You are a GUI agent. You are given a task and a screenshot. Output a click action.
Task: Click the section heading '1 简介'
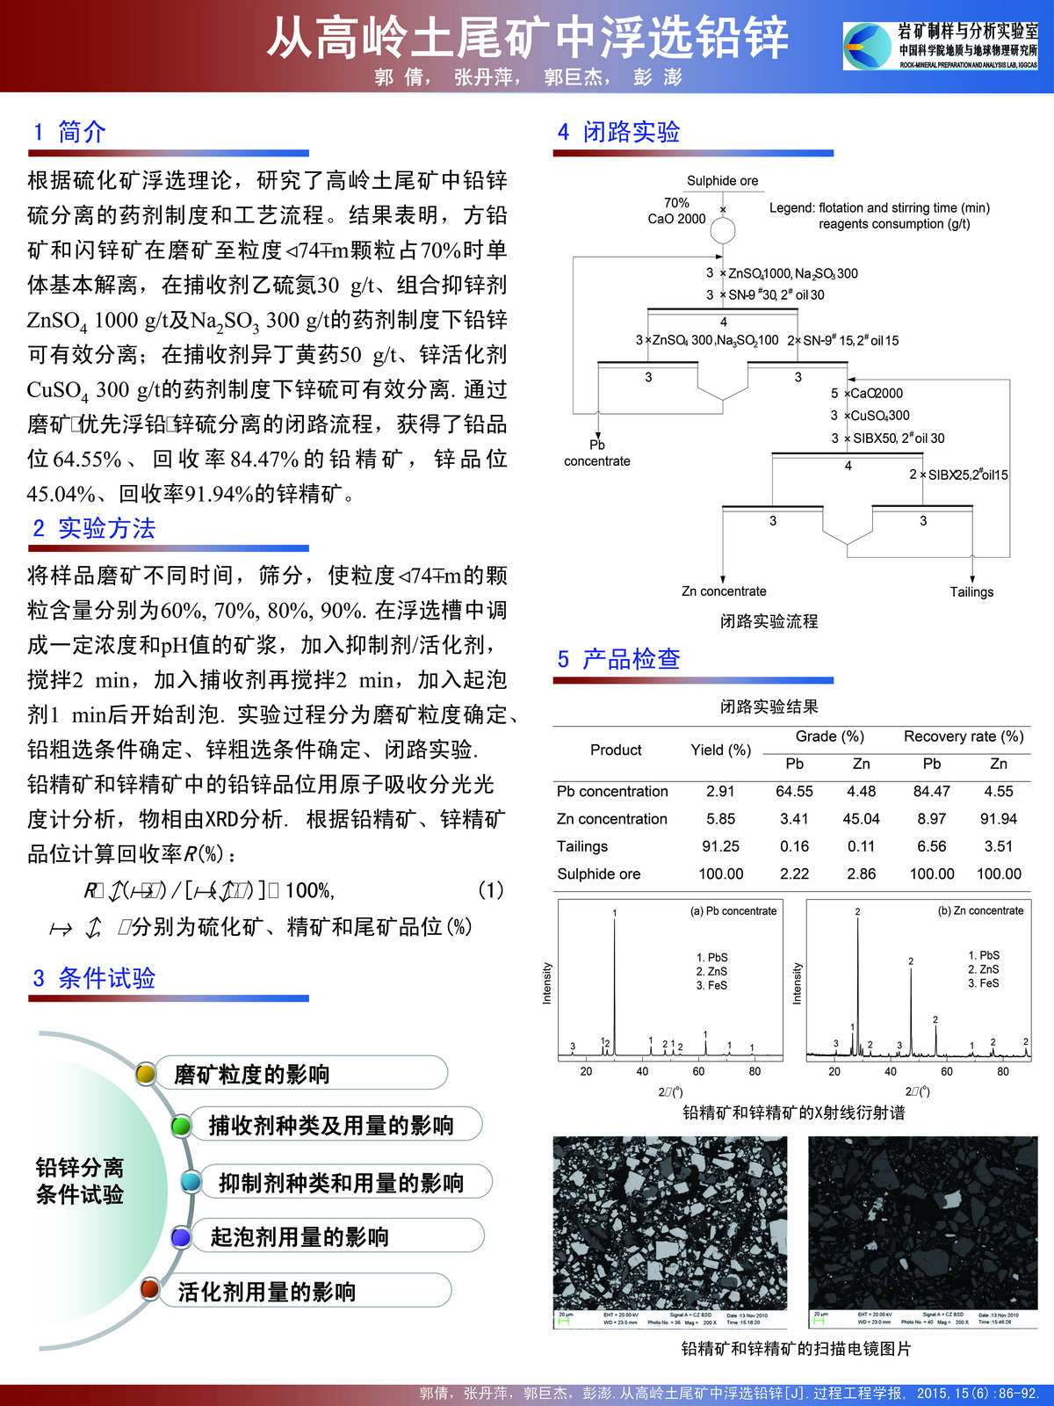[69, 133]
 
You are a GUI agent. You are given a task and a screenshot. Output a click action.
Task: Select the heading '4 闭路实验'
[618, 133]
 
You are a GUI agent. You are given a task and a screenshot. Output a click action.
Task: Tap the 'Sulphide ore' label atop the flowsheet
[722, 181]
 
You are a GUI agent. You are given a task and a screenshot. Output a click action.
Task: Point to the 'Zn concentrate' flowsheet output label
[724, 591]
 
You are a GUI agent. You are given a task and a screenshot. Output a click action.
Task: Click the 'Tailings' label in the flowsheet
[971, 592]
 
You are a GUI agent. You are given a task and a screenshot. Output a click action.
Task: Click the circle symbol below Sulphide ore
[722, 231]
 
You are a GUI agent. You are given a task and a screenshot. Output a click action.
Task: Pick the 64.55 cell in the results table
[794, 792]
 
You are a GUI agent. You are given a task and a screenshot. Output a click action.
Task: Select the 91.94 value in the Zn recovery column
[999, 819]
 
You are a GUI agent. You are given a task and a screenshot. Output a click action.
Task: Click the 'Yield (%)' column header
[720, 750]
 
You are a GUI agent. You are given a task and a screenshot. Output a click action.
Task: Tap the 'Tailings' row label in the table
[582, 846]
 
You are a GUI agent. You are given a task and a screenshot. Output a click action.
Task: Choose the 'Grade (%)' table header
[829, 736]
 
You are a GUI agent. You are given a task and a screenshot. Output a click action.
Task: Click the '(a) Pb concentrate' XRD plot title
[733, 911]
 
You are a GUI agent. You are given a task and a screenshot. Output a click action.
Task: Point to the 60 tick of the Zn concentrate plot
[947, 1071]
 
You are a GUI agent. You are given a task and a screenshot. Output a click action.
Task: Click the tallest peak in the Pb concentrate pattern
[614, 923]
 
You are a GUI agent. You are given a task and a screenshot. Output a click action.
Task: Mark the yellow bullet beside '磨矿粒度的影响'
[146, 1074]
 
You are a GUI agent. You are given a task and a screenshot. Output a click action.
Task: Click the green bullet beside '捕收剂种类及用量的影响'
[181, 1126]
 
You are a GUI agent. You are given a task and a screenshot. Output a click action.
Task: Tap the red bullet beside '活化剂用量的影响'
[150, 1289]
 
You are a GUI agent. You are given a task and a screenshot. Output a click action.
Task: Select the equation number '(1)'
[490, 890]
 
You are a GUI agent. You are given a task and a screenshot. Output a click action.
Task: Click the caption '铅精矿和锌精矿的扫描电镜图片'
[796, 1348]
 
